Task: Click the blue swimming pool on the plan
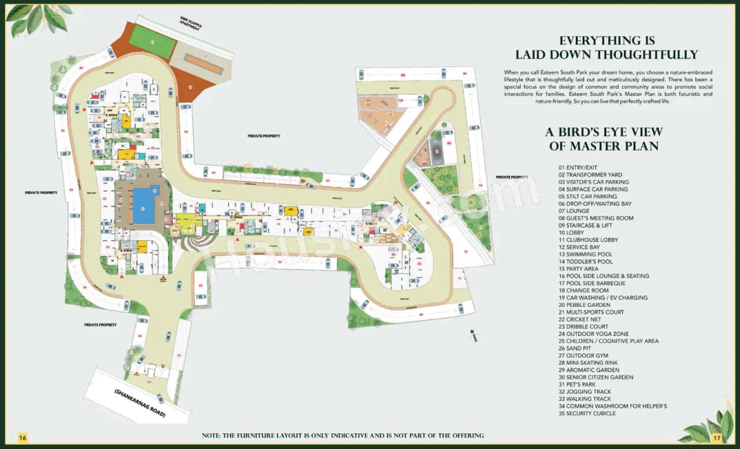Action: pyautogui.click(x=145, y=206)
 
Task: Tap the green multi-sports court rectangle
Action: pyautogui.click(x=152, y=42)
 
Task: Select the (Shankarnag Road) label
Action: pyautogui.click(x=139, y=403)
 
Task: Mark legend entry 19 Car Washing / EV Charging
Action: pyautogui.click(x=595, y=297)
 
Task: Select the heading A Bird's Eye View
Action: pyautogui.click(x=604, y=133)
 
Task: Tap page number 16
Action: pyautogui.click(x=23, y=437)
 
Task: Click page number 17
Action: pyautogui.click(x=717, y=437)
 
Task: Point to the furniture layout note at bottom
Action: pyautogui.click(x=343, y=435)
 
